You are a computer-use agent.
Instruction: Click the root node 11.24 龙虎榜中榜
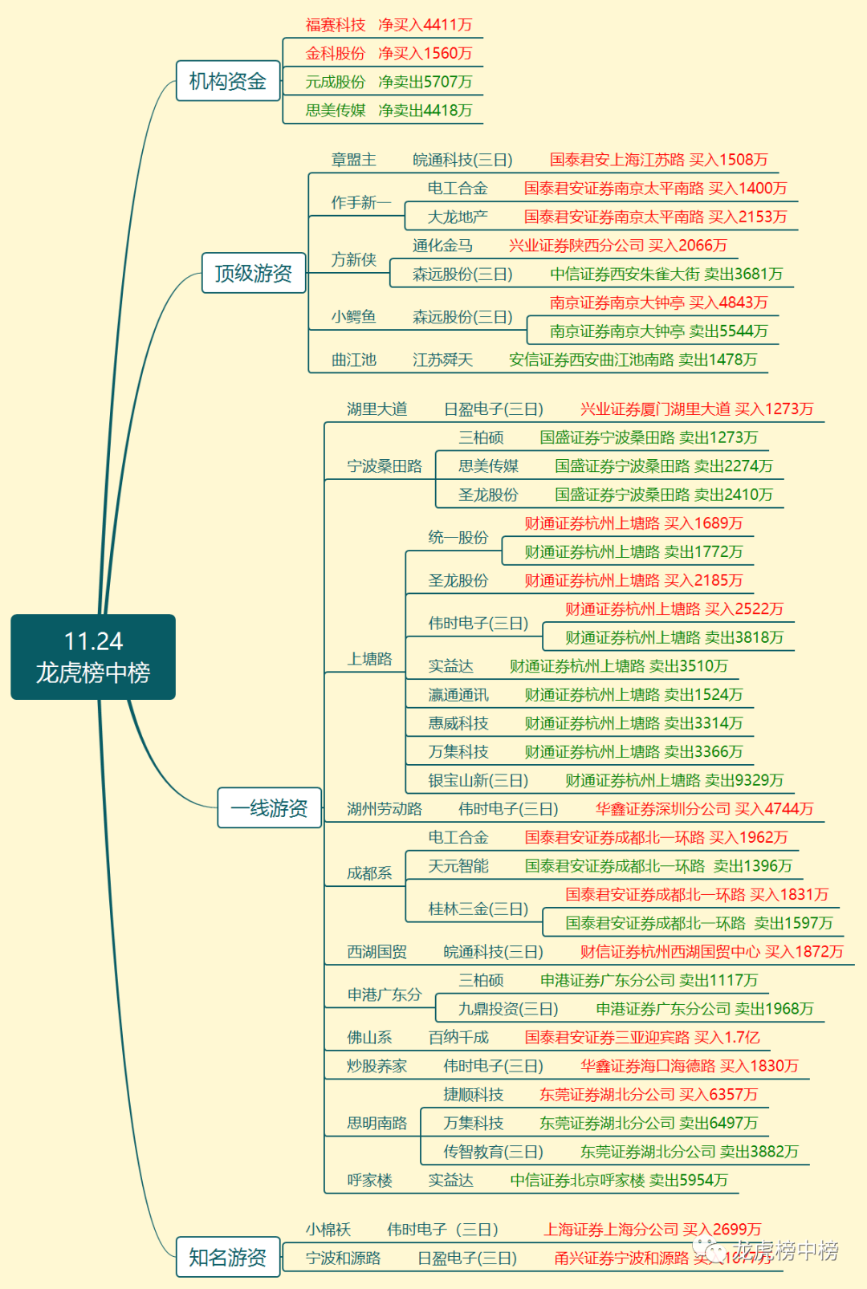pos(93,657)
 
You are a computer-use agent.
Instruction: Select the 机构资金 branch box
pos(228,81)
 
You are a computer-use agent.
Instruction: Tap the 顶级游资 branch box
pos(254,274)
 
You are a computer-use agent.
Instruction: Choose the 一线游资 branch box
pos(270,807)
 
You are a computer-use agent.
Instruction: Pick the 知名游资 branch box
pos(228,1257)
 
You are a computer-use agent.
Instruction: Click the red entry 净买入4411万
pos(425,25)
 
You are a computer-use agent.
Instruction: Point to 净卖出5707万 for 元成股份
pos(425,82)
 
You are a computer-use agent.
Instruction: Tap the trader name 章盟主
pos(354,160)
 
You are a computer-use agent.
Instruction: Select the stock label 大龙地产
pos(458,217)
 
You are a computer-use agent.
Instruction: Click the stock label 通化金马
pos(442,246)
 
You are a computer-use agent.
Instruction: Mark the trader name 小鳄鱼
pos(354,317)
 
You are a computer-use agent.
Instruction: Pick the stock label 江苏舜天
pos(442,360)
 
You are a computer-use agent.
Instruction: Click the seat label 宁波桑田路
pos(385,466)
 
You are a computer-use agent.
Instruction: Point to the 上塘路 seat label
pos(370,659)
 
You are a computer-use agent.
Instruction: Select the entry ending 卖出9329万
pos(674,780)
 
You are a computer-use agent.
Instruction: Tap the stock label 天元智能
pos(458,866)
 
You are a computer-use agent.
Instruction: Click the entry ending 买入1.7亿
pos(642,1037)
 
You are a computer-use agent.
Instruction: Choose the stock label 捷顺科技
pos(474,1094)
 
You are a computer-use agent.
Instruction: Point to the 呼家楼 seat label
pos(370,1180)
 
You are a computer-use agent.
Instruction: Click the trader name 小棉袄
pos(328,1229)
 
